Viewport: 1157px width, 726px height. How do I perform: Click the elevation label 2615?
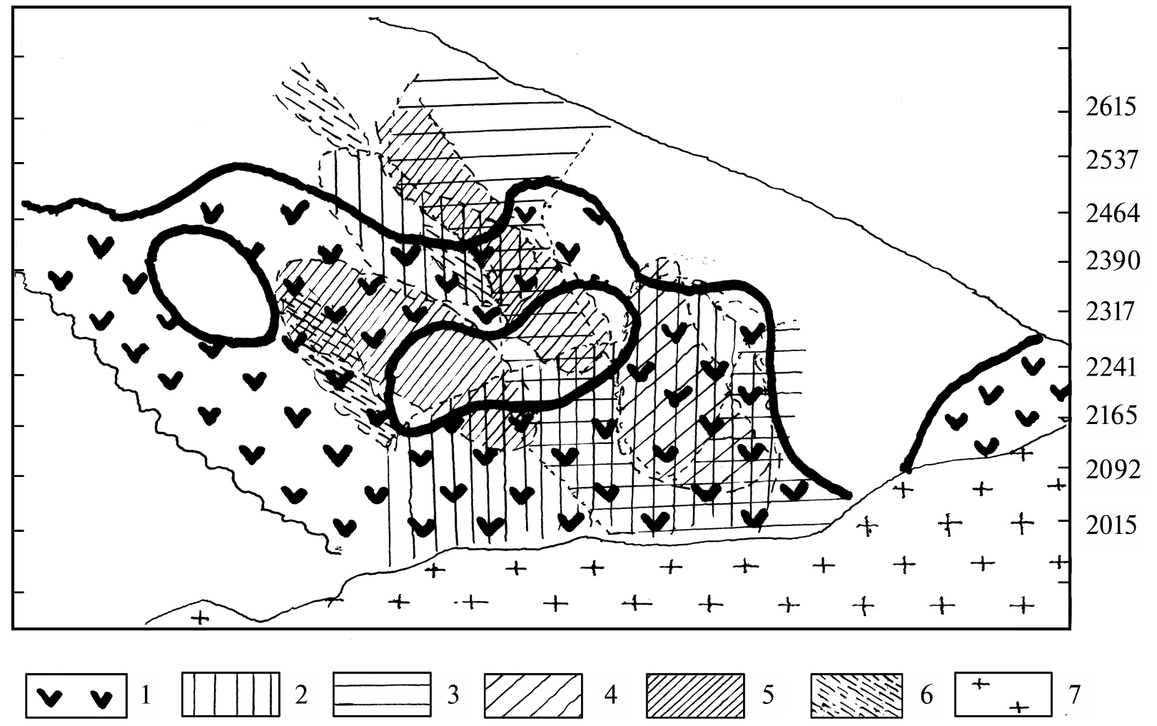tap(1111, 108)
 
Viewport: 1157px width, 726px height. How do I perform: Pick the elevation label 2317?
tap(1110, 311)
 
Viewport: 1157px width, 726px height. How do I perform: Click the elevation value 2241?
tap(1111, 368)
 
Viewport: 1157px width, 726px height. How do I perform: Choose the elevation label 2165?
tap(1111, 415)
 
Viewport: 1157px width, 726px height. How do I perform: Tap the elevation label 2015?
tap(1111, 525)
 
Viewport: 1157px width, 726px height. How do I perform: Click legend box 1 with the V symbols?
tap(76, 695)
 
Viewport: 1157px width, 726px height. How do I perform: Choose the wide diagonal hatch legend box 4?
tap(534, 695)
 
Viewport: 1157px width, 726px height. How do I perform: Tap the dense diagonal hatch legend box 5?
tap(695, 695)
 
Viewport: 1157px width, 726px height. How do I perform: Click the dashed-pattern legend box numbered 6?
tap(857, 695)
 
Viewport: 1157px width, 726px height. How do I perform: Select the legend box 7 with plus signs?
tap(1004, 695)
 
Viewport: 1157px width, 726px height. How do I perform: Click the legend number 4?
tap(610, 695)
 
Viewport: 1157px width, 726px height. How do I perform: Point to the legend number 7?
tap(1074, 695)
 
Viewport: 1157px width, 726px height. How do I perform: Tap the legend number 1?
tap(146, 695)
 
